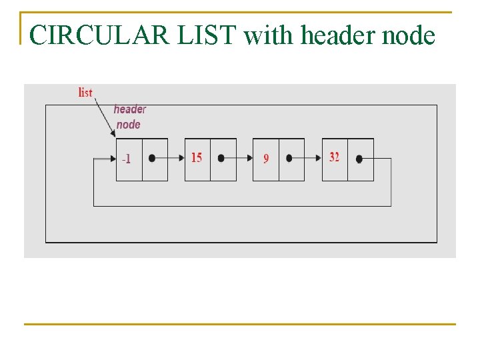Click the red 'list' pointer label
pos(85,93)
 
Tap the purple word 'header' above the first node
pos(129,109)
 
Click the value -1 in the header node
pos(126,159)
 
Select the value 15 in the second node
pos(196,158)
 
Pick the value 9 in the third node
pos(266,159)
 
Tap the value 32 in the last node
pos(334,157)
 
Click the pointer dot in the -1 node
pos(153,159)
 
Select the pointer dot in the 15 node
pos(221,159)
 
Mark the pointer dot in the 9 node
pos(289,159)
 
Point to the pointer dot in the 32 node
pos(359,159)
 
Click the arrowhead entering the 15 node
pos(181,159)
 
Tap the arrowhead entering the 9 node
pos(249,159)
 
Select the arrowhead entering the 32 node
pos(318,159)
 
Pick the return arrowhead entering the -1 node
pos(112,159)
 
